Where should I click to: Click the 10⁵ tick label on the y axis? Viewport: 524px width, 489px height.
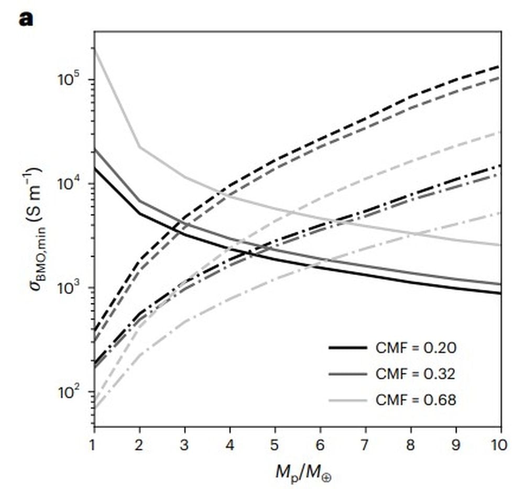68,80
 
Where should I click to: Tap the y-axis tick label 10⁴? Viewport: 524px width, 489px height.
68,185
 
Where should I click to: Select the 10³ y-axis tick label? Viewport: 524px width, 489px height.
68,289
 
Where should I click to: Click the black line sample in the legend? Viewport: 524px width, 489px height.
347,347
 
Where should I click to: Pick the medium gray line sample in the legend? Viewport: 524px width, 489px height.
347,374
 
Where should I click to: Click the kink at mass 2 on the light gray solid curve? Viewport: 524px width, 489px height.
139,147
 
